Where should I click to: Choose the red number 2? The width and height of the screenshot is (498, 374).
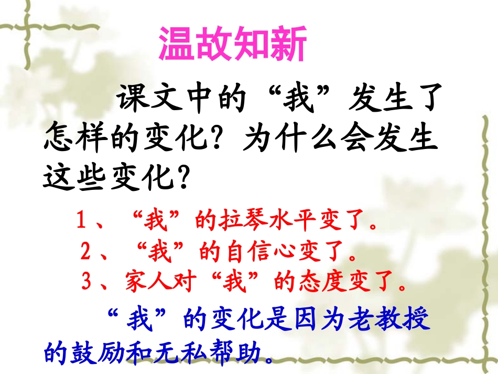86,253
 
